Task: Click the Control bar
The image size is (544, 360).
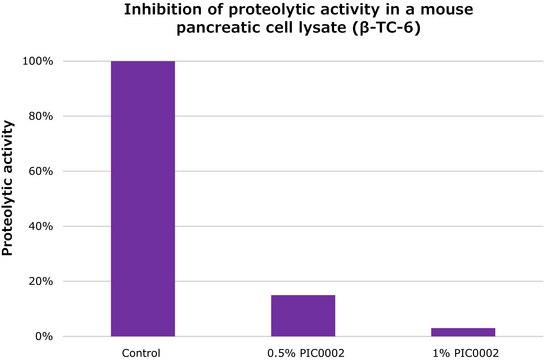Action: pos(142,198)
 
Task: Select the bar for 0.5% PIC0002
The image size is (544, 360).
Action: pos(302,315)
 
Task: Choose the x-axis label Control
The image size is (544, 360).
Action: pos(142,351)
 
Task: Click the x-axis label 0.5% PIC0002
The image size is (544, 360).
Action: pos(302,351)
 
